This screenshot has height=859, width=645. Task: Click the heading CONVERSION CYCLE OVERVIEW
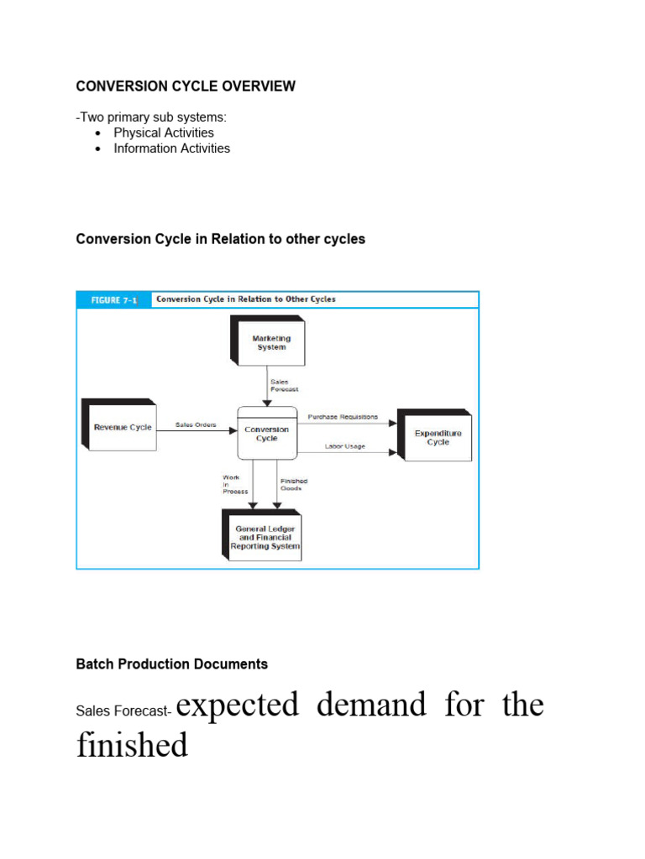point(186,86)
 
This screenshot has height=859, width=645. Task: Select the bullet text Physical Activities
point(164,133)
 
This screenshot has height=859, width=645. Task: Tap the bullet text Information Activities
point(171,148)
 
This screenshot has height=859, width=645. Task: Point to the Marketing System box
point(270,343)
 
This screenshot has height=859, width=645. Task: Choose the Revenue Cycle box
point(122,427)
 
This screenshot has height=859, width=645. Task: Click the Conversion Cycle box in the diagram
point(267,434)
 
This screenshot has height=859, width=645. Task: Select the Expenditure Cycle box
point(438,437)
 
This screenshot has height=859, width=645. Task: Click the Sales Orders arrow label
point(196,425)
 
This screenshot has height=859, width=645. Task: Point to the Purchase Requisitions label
point(343,417)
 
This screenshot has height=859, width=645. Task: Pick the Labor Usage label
point(344,446)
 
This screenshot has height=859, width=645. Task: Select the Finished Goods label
point(294,484)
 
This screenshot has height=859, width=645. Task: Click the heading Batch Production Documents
point(172,664)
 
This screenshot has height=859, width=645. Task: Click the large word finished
point(132,744)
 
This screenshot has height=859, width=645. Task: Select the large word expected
point(238,705)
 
